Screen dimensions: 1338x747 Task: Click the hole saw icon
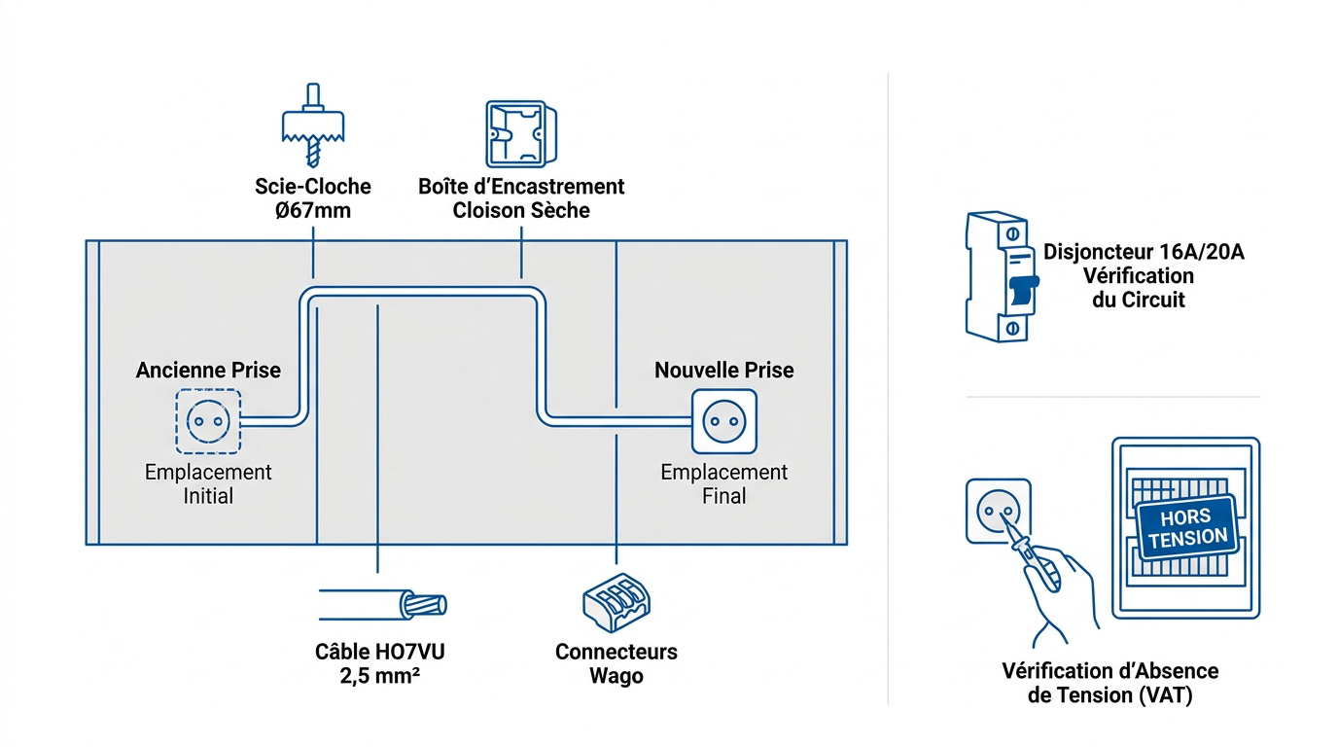coord(313,125)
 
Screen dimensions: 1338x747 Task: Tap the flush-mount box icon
coord(521,134)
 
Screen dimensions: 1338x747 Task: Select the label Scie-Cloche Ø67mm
coord(313,198)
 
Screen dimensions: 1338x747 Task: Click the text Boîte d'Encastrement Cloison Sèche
coord(521,198)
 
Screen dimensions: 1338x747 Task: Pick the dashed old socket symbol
coord(208,421)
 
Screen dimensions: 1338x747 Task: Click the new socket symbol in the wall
coord(724,421)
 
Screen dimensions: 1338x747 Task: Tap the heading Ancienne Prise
coord(208,370)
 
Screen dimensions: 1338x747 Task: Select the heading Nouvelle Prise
coord(724,370)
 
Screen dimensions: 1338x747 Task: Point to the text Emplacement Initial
coord(208,484)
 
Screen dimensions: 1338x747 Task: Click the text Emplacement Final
coord(724,484)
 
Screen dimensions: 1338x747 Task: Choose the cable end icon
coord(383,605)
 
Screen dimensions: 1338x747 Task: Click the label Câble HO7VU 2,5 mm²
coord(380,664)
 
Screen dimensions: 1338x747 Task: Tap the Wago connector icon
coord(616,602)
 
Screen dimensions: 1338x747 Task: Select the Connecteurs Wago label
coord(616,664)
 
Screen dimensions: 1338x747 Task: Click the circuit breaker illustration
coord(1003,276)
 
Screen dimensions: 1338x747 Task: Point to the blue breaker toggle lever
coord(1024,290)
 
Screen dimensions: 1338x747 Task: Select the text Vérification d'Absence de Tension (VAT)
coord(1110,683)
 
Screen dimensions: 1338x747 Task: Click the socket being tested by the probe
coord(998,511)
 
